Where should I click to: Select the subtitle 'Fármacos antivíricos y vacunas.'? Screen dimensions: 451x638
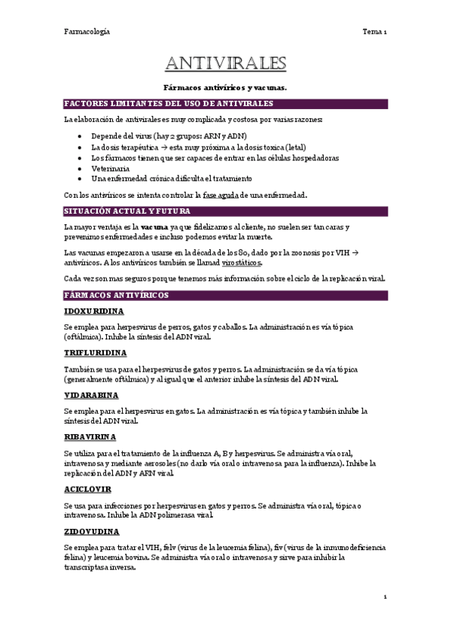tap(225, 87)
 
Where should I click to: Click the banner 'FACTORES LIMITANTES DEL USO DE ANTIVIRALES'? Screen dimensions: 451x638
tap(169, 103)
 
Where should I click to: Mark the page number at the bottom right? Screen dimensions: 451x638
tap(385, 597)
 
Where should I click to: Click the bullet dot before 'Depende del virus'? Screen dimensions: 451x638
tap(81, 137)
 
